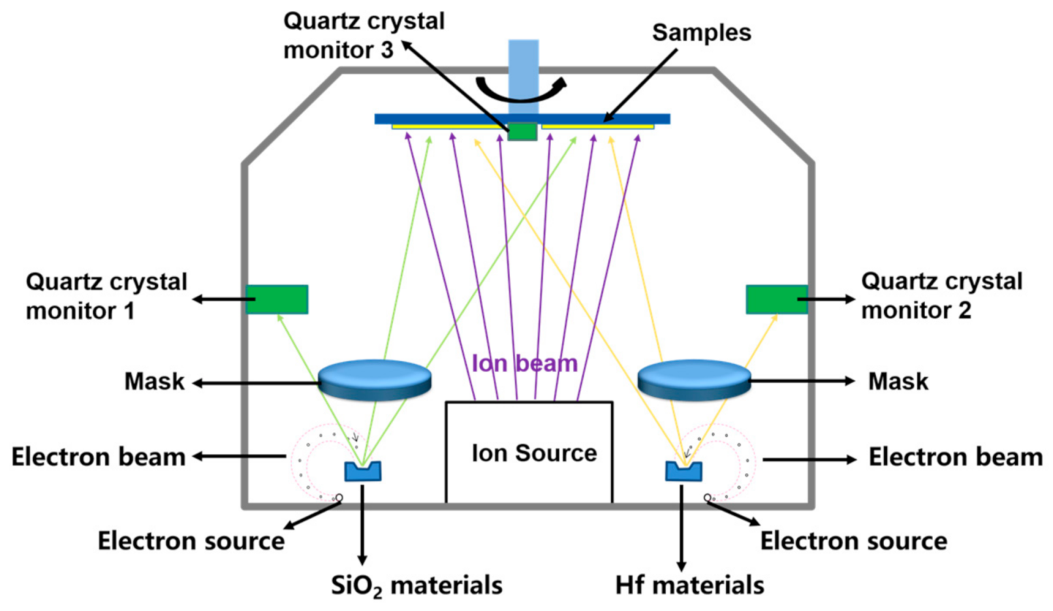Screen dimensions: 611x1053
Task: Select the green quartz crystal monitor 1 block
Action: (x=277, y=299)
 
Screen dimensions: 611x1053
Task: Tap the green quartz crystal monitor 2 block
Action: (x=776, y=299)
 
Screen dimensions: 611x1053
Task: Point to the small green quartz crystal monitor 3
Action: (x=522, y=131)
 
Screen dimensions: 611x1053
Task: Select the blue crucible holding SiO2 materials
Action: (x=362, y=472)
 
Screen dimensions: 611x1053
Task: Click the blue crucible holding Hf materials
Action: (x=684, y=472)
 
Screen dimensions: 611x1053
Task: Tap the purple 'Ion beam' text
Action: (x=524, y=363)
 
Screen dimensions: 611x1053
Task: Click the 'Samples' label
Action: (x=702, y=33)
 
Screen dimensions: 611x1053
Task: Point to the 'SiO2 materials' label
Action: (x=417, y=586)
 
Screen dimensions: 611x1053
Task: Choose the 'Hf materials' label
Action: (x=689, y=585)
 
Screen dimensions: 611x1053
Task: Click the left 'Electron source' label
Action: (x=191, y=541)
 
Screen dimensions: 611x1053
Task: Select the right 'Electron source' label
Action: (x=853, y=541)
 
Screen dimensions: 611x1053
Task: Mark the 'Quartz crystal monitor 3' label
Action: (x=364, y=35)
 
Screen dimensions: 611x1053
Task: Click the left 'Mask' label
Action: (x=154, y=382)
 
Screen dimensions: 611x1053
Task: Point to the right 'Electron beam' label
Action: (x=955, y=457)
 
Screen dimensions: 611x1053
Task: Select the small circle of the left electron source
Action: (x=339, y=498)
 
